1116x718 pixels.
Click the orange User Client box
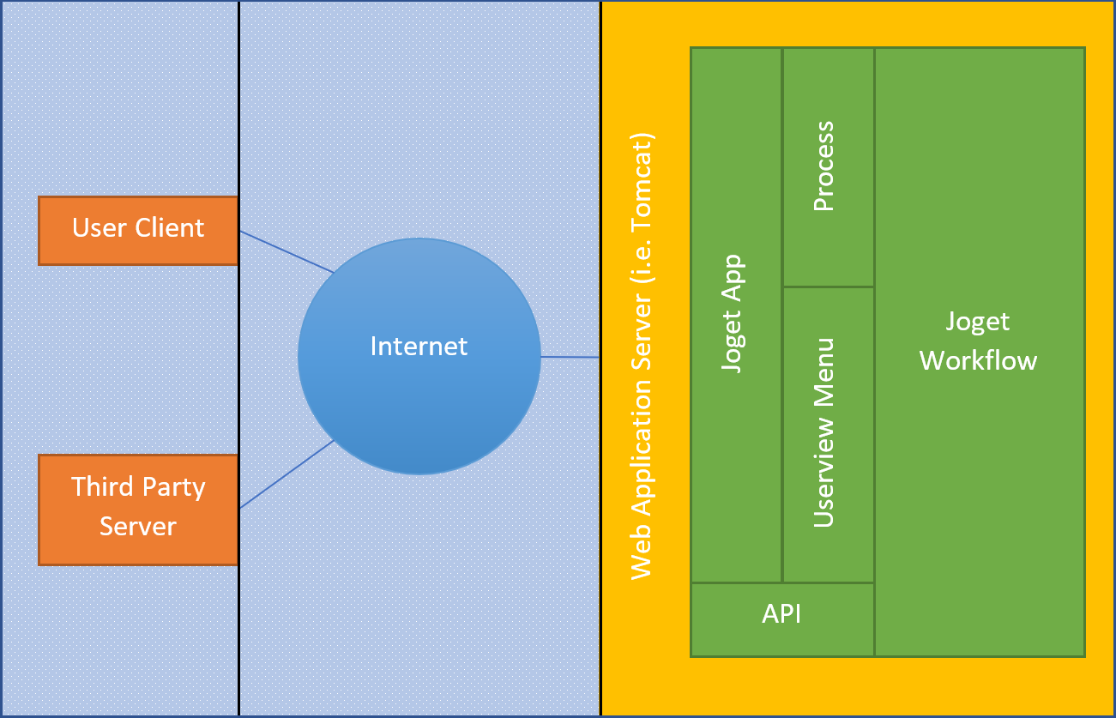click(138, 230)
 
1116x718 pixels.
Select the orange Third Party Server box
click(138, 510)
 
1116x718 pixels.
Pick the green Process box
click(828, 166)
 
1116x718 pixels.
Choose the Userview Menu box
click(828, 433)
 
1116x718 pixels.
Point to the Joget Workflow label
click(979, 341)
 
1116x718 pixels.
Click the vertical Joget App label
click(733, 313)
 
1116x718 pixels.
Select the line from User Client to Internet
click(287, 251)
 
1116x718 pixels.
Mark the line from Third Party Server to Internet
click(287, 474)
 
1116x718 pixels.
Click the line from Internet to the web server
click(570, 356)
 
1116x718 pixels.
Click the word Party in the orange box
click(175, 487)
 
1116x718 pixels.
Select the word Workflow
click(979, 360)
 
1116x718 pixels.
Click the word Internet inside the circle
click(419, 347)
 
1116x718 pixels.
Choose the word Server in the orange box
click(138, 526)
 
